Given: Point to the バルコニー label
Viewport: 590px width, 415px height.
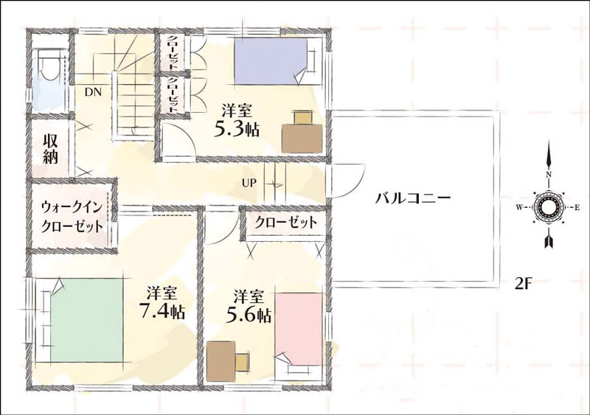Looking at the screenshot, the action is [x=413, y=198].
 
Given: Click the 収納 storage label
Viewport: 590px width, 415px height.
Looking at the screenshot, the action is [x=50, y=149].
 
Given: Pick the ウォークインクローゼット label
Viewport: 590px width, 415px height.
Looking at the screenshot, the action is [x=72, y=217].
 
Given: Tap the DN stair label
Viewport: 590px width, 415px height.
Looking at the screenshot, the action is [x=93, y=92].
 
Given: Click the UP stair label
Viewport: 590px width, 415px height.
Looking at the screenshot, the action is [x=249, y=184].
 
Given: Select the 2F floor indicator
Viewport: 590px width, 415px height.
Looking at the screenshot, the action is [x=523, y=283].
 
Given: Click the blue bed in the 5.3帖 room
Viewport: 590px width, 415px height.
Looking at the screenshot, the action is [x=271, y=62].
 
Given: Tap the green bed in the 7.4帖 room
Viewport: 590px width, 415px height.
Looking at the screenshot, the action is [x=86, y=319].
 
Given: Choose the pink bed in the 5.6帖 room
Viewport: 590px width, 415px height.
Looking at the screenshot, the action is [x=299, y=329].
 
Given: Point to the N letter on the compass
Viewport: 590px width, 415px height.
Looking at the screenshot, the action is [x=549, y=174].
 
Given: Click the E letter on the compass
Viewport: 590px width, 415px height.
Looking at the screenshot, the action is [x=576, y=207].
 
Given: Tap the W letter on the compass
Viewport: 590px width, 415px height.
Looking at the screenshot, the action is [x=519, y=207].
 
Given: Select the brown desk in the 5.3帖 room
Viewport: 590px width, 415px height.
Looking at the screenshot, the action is [x=302, y=138].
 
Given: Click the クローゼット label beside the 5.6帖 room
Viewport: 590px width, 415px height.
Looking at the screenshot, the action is [x=285, y=223].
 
